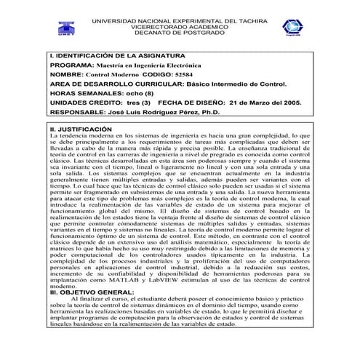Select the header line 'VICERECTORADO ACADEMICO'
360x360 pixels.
click(x=180, y=24)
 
